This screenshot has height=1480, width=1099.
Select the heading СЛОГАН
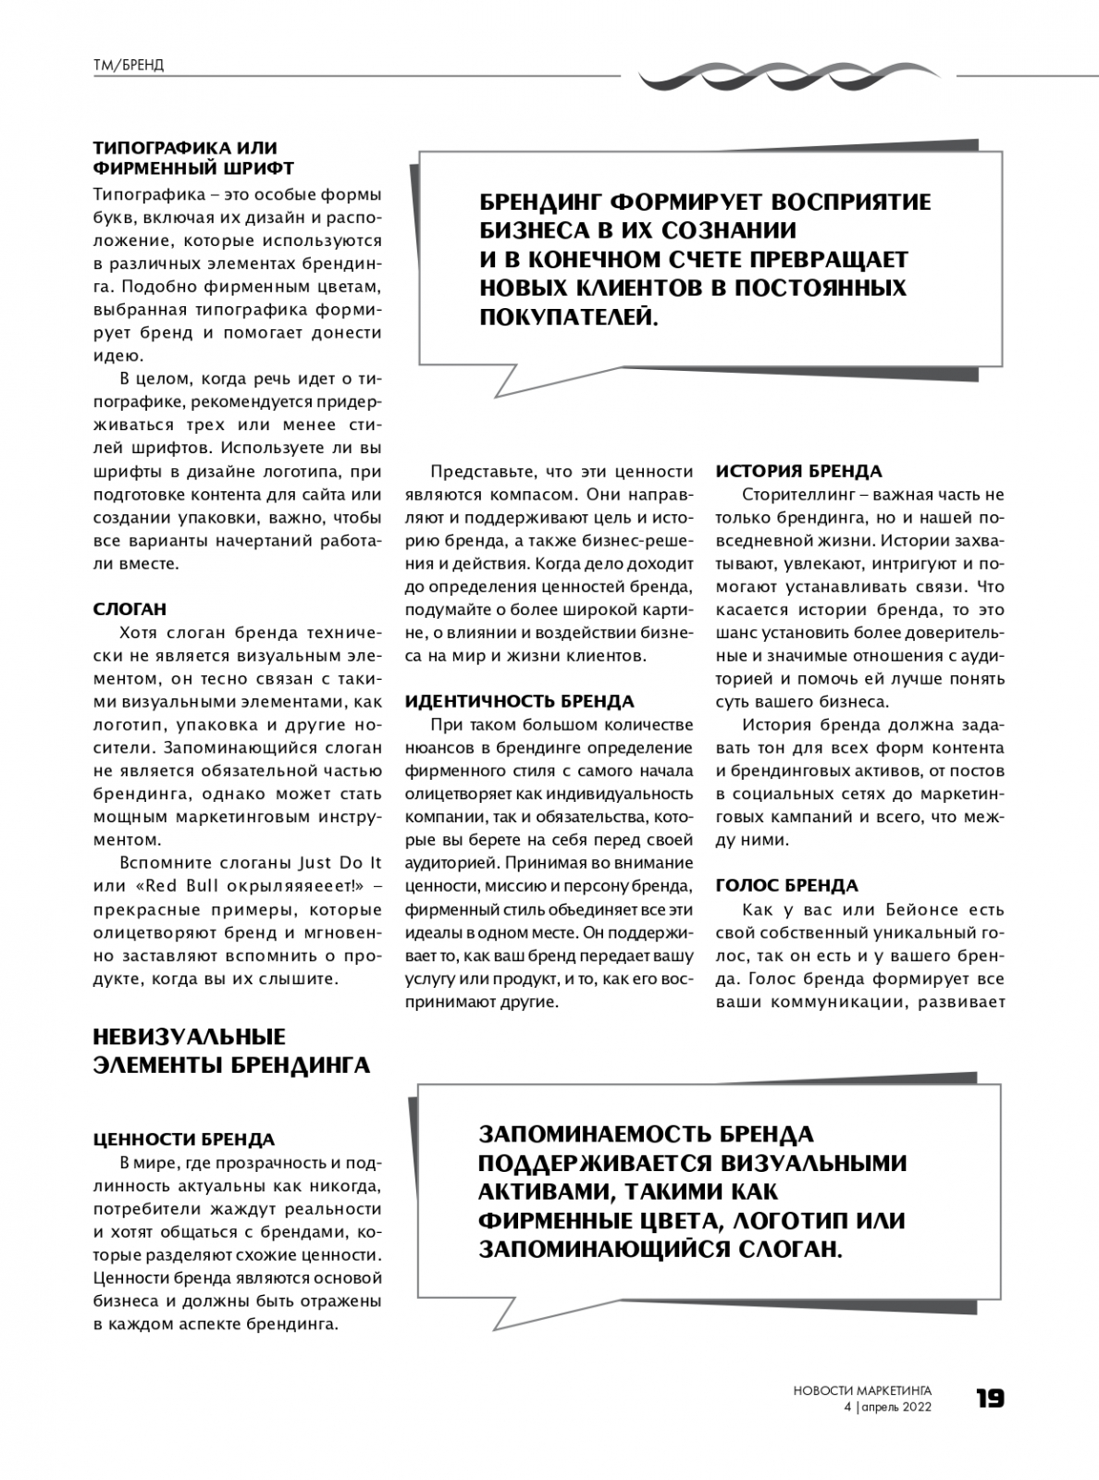click(x=130, y=610)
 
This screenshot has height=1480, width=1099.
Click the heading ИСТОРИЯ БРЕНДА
click(x=798, y=471)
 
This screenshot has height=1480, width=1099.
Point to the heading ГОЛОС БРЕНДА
click(x=786, y=885)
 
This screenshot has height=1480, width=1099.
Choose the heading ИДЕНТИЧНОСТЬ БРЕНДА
click(x=520, y=701)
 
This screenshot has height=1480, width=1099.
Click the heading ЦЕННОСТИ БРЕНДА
click(x=184, y=1139)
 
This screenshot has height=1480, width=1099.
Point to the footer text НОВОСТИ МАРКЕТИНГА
click(x=862, y=1390)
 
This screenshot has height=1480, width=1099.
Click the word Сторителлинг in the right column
click(x=797, y=495)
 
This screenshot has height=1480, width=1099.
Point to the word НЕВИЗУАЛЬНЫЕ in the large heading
click(x=190, y=1037)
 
